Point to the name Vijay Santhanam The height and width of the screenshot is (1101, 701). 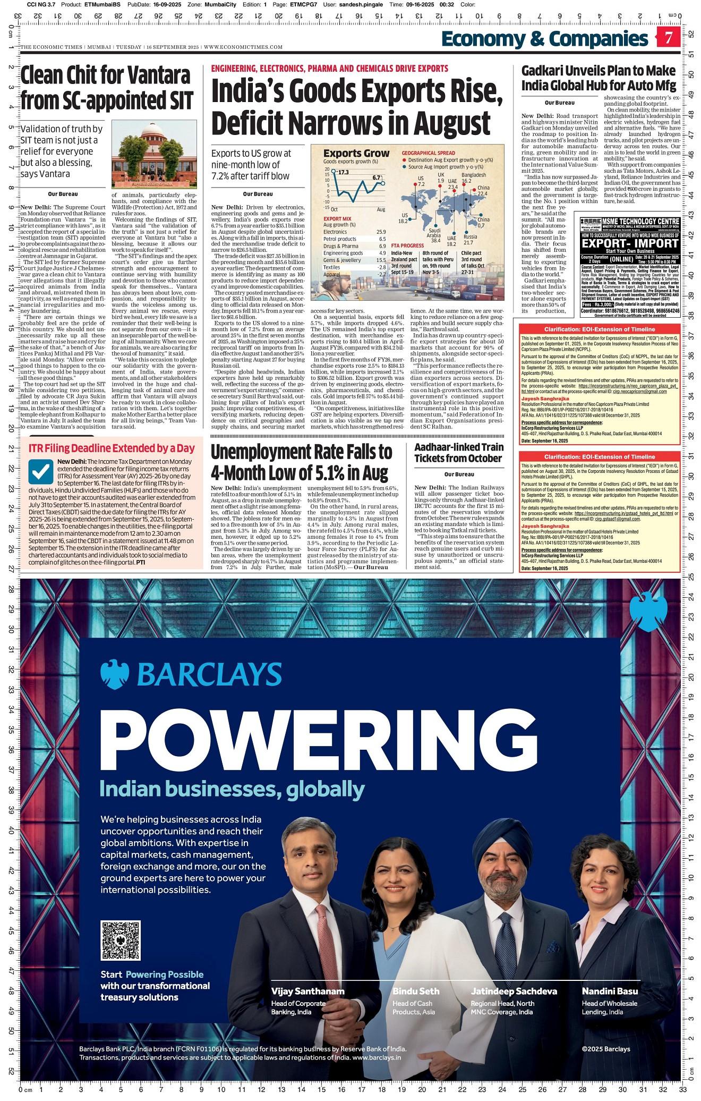coord(307,991)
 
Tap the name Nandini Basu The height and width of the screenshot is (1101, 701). coord(610,991)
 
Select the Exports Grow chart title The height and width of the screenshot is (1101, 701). coord(356,153)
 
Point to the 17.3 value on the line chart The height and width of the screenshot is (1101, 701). coord(343,172)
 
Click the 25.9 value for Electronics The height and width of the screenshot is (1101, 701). coord(381,232)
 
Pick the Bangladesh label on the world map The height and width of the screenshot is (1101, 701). coord(473,175)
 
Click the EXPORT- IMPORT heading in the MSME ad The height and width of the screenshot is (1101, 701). coord(630,243)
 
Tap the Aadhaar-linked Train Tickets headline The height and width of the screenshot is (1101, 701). coord(458,453)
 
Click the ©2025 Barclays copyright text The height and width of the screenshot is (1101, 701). coord(605,1049)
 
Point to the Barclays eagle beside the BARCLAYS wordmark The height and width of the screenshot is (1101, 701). coord(115,674)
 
